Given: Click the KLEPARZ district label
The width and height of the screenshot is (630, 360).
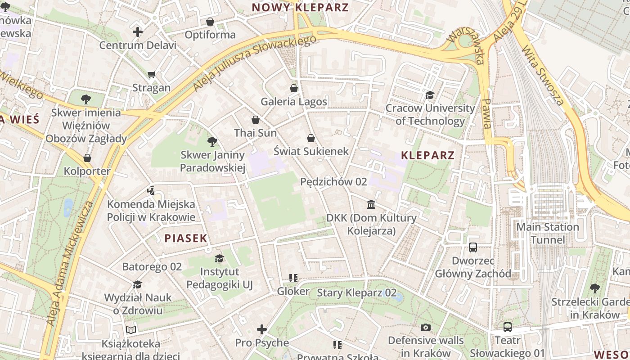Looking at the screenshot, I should coord(427,156).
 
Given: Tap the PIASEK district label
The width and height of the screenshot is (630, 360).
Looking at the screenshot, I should coord(185,238).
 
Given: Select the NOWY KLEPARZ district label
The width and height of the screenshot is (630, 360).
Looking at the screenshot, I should coord(300,8).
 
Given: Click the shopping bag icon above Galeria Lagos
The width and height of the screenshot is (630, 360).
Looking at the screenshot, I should coord(294,88).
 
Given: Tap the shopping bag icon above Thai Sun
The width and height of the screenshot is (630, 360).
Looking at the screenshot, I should coord(256,120).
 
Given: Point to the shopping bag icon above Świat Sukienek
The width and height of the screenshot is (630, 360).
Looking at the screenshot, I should coord(310,138).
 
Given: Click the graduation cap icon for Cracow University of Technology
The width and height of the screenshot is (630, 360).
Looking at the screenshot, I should coord(430,95).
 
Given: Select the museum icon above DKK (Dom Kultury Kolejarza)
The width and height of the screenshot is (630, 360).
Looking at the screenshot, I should coord(371,205).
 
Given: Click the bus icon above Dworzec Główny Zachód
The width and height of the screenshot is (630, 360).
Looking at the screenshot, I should coord(473,247).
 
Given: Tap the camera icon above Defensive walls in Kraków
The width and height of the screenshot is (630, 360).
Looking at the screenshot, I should coord(426,327).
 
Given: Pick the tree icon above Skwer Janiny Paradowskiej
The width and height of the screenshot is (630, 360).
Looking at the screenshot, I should coord(212,142).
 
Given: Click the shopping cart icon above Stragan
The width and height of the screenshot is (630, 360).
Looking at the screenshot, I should coord(152,74).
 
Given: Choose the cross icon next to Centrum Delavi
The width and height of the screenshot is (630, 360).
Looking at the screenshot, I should coord(138,32).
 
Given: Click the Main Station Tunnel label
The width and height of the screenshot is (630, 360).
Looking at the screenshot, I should coord(547,233).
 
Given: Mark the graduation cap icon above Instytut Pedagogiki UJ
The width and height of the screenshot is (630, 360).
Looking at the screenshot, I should coord(219,258).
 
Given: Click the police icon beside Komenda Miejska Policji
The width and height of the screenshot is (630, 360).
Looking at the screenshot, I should coord(151,191).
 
